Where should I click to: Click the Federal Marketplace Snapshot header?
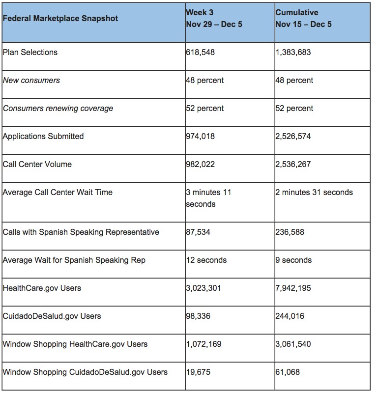pos(60,19)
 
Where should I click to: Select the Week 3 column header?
pos(214,19)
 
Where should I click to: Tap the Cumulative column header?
pos(304,19)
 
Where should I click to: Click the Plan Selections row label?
pos(30,52)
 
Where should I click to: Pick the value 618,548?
pos(200,52)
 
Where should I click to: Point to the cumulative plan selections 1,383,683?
pos(293,52)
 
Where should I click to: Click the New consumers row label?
pos(31,80)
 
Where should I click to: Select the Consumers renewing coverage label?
pos(58,108)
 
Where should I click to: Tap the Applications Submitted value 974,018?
pos(200,136)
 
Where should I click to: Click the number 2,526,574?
pos(293,136)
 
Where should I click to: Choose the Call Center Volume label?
pos(37,164)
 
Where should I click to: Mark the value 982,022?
pos(200,164)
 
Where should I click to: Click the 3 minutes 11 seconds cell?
pos(208,198)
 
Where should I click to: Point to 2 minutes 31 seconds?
pos(314,192)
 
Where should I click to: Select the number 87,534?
pos(198,232)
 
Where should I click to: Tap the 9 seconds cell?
pos(293,260)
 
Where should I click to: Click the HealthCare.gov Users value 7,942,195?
pos(293,288)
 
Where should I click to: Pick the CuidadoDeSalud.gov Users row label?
pos(52,316)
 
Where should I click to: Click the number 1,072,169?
pos(204,344)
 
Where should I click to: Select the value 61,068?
pos(288,372)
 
